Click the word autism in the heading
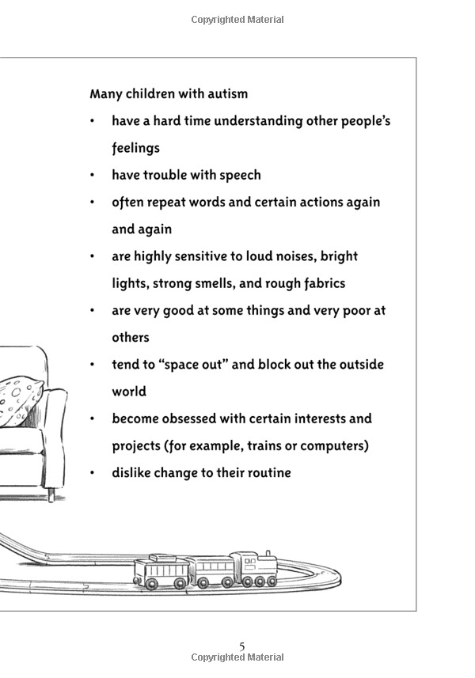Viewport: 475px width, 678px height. click(227, 94)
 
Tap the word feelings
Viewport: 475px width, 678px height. click(136, 148)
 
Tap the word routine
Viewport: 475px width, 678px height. click(270, 472)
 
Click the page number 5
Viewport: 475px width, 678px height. click(241, 646)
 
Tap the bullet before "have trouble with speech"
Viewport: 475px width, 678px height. click(92, 175)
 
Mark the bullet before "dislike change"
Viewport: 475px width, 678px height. click(92, 472)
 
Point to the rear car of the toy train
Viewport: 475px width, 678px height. click(161, 571)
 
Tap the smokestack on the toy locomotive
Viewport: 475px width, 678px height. click(268, 555)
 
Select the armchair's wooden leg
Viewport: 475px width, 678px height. click(51, 494)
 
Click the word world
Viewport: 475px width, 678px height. click(129, 392)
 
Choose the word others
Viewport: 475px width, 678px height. click(130, 337)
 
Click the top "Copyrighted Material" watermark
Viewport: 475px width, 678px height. click(237, 20)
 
